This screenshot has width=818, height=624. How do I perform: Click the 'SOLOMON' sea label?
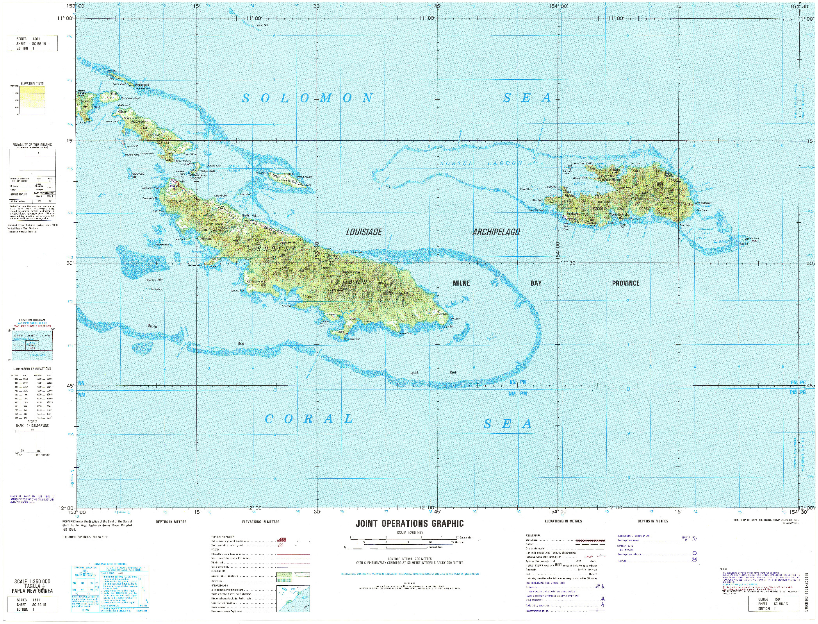[x=307, y=98]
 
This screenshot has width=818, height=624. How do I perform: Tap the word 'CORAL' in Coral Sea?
[x=308, y=419]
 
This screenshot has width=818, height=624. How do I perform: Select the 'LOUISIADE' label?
[x=364, y=232]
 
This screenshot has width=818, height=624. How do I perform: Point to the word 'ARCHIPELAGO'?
[x=496, y=232]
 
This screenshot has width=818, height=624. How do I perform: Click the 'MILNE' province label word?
[x=461, y=283]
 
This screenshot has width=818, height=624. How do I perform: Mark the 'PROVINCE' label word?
[x=626, y=283]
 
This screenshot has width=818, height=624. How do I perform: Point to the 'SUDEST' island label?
[x=276, y=249]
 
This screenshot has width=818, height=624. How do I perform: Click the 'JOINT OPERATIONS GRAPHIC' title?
[x=409, y=524]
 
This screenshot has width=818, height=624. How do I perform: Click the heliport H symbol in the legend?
[x=695, y=560]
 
